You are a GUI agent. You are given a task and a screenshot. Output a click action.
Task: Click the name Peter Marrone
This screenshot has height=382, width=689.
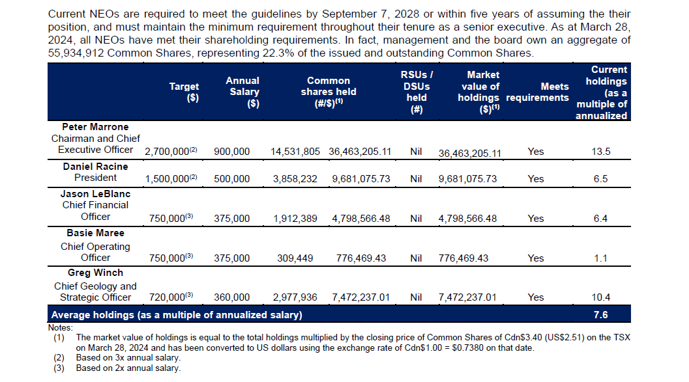pos(95,127)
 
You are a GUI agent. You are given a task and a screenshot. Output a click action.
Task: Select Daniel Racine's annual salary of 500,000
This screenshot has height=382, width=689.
pos(231,178)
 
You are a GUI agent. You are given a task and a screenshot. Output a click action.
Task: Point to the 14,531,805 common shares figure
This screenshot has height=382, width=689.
pos(295,152)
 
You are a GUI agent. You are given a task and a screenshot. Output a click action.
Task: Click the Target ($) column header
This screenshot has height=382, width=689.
pos(184,92)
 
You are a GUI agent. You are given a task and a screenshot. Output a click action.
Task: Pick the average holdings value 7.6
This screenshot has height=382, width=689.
pos(601,316)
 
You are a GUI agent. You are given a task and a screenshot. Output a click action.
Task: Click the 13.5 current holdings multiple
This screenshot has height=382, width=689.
pos(601,152)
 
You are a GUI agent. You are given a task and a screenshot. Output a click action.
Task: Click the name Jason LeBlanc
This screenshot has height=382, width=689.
pos(95,194)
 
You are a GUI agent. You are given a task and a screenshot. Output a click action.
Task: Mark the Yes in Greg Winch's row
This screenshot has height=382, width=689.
pos(535,297)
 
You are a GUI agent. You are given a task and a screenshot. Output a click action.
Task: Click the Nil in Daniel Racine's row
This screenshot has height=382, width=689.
pos(417,178)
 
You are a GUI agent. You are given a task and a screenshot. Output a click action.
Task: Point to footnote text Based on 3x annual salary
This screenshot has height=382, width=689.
pos(128,358)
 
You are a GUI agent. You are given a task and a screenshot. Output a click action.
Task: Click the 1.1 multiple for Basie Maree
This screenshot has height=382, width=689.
pos(601,258)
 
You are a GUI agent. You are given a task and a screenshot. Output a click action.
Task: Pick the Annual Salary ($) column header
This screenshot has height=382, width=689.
pos(242,92)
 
